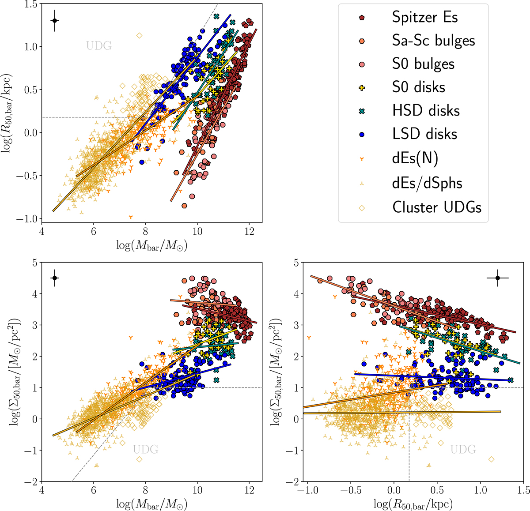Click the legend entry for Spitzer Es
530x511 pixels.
click(x=425, y=18)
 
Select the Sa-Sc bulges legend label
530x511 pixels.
click(x=433, y=41)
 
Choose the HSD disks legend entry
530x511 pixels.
click(x=426, y=110)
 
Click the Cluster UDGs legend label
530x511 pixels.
click(x=437, y=207)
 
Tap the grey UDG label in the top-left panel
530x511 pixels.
click(x=99, y=46)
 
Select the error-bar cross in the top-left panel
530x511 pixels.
click(x=55, y=21)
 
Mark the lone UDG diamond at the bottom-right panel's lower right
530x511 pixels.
click(x=492, y=459)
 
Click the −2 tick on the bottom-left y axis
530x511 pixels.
click(x=31, y=481)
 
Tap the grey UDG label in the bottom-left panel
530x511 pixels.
click(x=146, y=449)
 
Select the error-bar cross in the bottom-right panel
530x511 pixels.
click(x=498, y=278)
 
